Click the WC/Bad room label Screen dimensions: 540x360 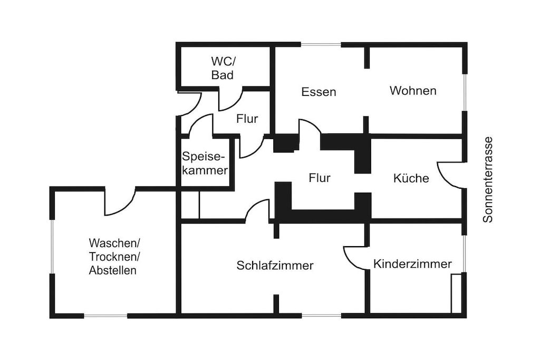pos(223,68)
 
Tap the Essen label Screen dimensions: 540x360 pos(319,92)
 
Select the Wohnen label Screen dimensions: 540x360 pos(413,91)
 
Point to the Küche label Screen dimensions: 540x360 pos(411,178)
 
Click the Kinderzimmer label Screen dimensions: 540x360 pos(412,264)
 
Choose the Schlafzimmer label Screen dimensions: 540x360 pos(275,265)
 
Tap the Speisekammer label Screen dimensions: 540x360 pos(205,163)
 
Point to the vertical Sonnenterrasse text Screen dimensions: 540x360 pos(488,180)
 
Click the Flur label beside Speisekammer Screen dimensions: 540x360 pos(320,178)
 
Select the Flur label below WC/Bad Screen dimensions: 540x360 pos(247,119)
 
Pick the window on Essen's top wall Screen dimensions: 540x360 pos(321,44)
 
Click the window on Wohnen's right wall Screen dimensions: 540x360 pos(465,92)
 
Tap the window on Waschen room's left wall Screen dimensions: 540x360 pos(52,247)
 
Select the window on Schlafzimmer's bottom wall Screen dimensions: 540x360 pos(322,316)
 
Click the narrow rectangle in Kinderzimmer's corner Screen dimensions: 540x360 pos(456,294)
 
